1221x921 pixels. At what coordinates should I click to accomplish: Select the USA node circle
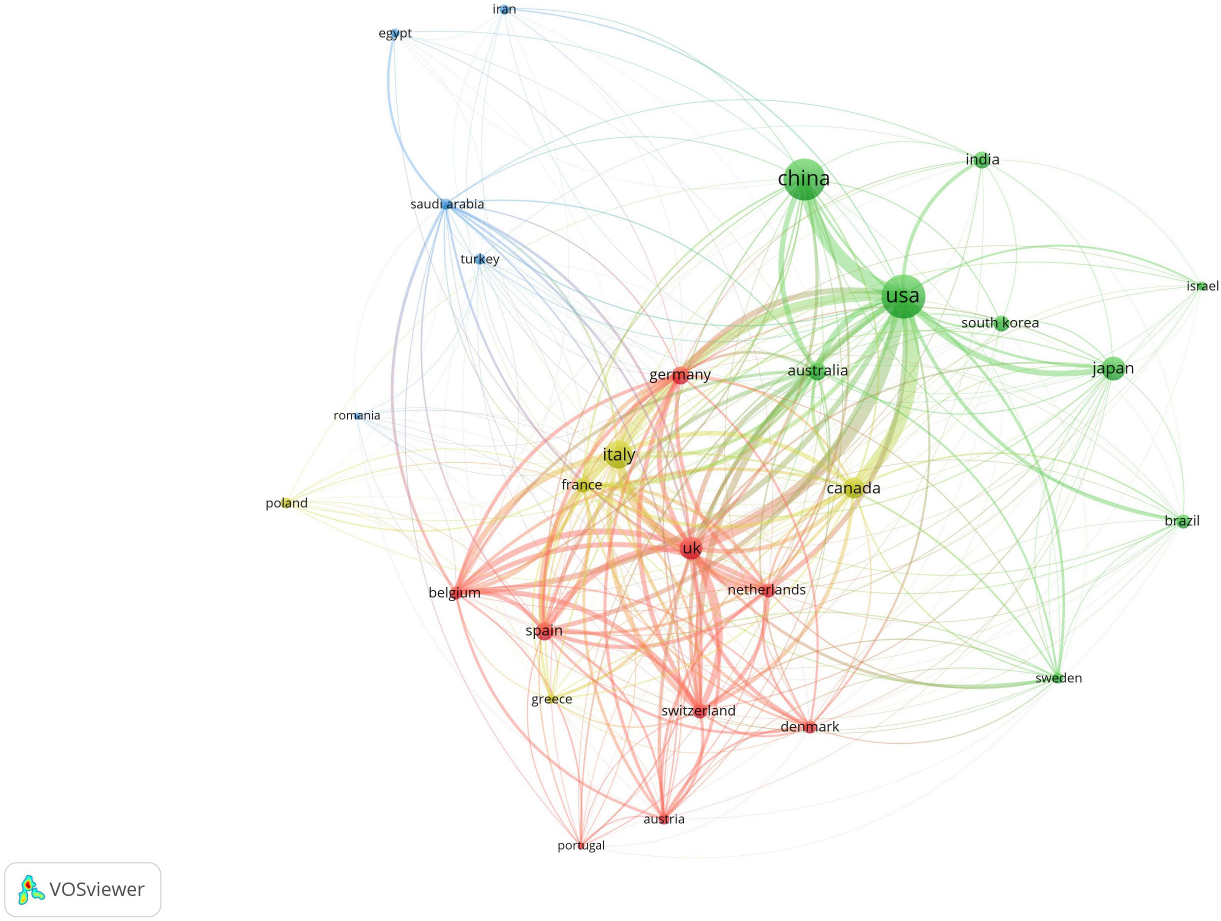click(903, 296)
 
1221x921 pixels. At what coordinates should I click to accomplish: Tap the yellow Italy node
click(618, 455)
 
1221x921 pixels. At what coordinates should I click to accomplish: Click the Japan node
click(1113, 368)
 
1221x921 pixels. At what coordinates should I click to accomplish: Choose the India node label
click(982, 160)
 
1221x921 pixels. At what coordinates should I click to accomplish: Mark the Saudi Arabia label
click(447, 204)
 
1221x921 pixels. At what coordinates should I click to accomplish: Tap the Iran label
click(504, 9)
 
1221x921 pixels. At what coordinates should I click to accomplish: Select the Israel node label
click(1202, 286)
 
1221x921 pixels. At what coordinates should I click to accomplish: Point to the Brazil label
click(1182, 521)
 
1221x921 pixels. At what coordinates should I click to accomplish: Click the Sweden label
click(1058, 678)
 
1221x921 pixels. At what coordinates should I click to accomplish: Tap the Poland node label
click(287, 503)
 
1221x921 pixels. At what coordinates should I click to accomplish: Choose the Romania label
click(357, 415)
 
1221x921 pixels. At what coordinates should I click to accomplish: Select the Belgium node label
click(454, 593)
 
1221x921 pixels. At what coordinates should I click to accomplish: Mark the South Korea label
click(1000, 323)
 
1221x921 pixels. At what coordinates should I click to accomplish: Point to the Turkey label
click(480, 259)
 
